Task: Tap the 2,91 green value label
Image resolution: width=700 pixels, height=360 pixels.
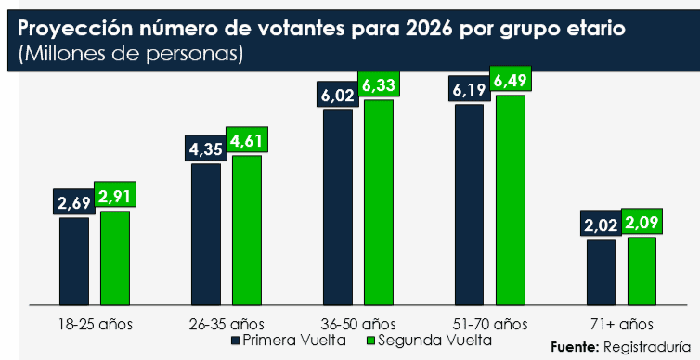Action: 114,197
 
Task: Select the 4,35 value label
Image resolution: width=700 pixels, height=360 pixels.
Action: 206,149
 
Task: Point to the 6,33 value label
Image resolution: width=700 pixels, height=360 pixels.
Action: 379,87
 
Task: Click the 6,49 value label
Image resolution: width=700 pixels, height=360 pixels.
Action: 512,82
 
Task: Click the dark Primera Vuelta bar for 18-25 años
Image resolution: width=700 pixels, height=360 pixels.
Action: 74,261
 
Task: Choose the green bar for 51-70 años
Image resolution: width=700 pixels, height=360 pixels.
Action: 511,199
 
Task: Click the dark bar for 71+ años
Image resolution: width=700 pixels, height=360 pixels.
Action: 602,272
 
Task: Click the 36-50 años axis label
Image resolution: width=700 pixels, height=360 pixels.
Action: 358,324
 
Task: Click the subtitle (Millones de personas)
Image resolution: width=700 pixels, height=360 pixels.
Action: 131,54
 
